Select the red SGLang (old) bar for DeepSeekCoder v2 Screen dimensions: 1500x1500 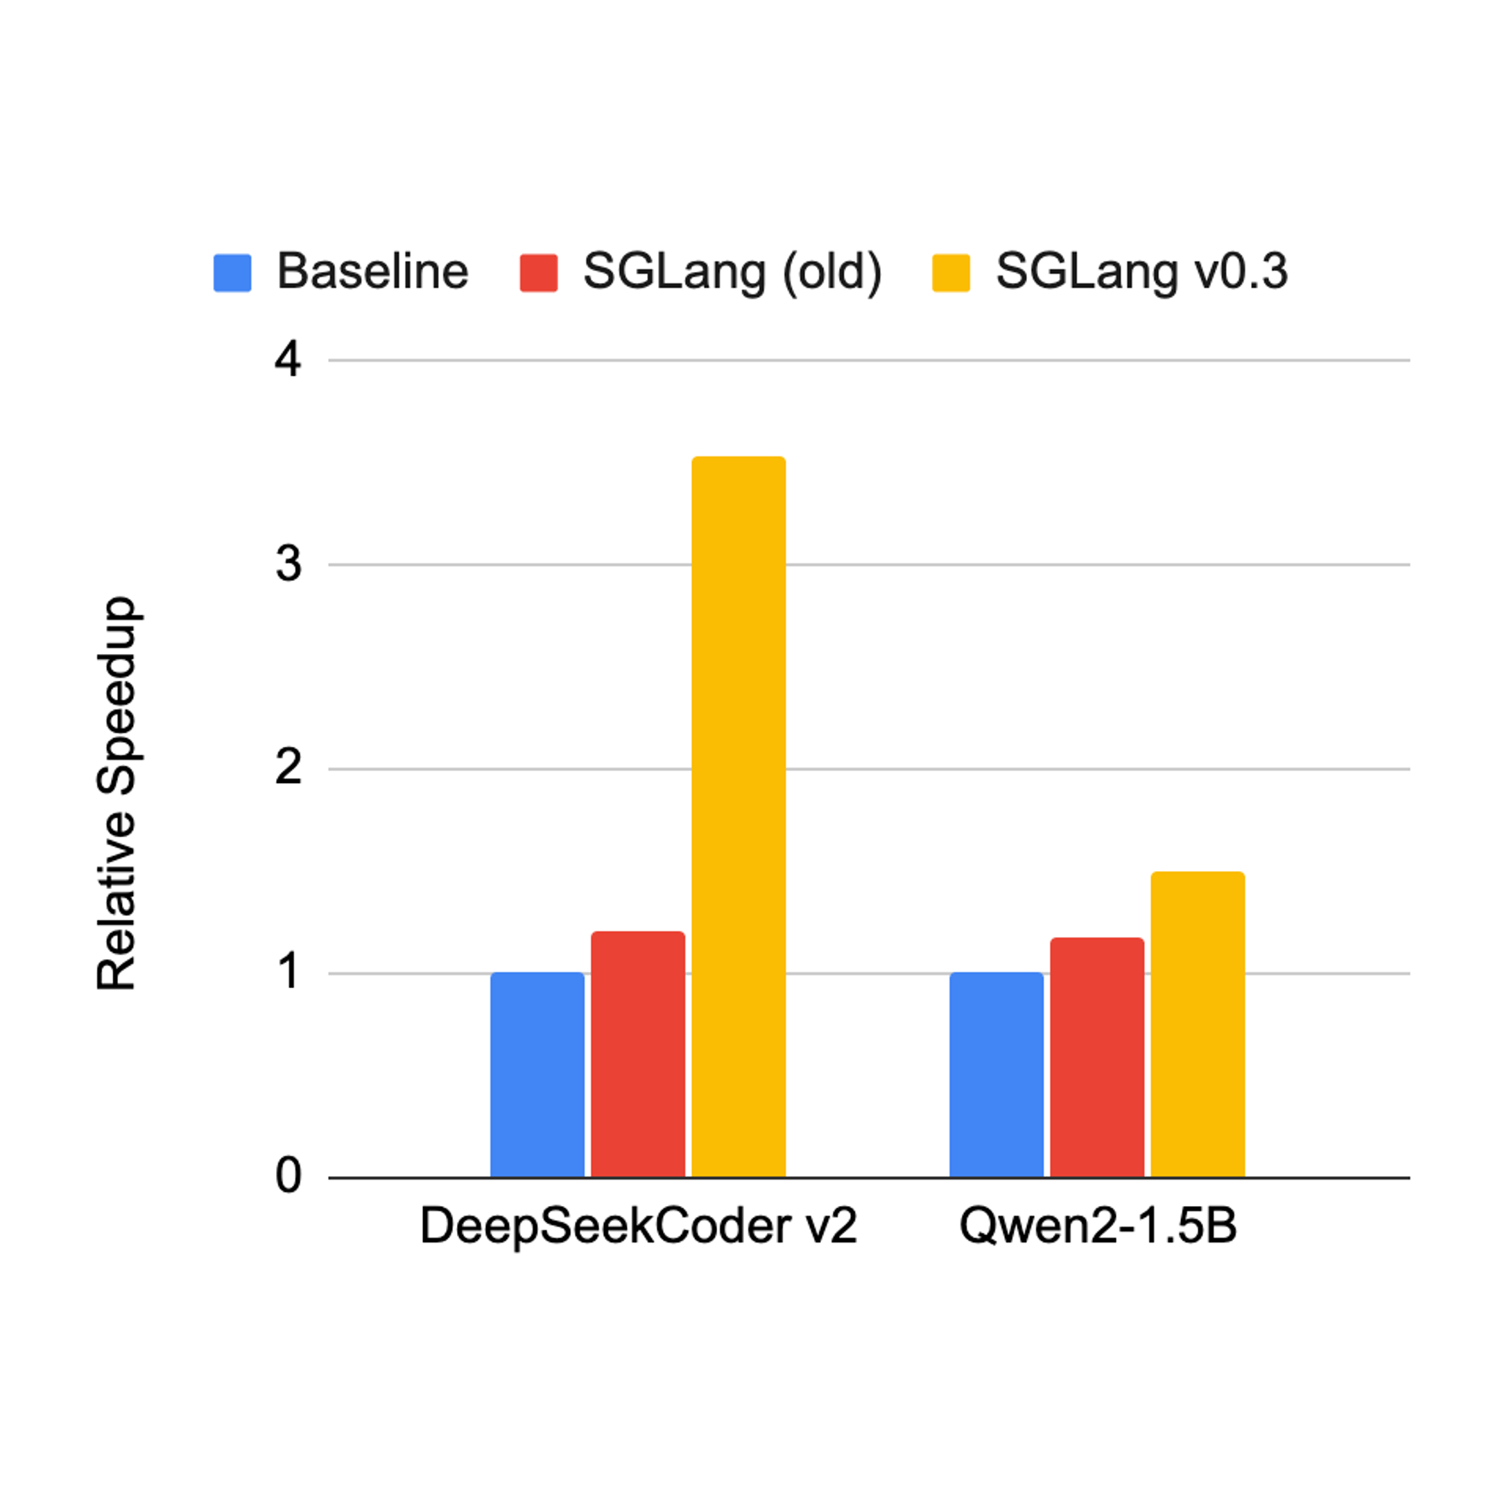pos(638,1054)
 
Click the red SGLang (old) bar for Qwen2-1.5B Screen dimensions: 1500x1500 pos(1097,1058)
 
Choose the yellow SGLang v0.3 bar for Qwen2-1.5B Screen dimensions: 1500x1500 pos(1197,1024)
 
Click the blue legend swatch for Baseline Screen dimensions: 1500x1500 pos(232,273)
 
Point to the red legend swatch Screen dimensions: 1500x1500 pos(539,273)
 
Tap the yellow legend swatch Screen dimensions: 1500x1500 pos(951,273)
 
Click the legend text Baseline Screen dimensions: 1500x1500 pos(372,273)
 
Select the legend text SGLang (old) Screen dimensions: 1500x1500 pos(732,273)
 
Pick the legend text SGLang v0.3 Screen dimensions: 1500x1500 pos(1141,273)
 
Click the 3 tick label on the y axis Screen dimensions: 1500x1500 pos(288,565)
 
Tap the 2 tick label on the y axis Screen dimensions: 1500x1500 pos(288,769)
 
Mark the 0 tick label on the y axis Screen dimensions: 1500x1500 pos(288,1177)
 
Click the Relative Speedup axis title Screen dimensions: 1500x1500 pos(117,793)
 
